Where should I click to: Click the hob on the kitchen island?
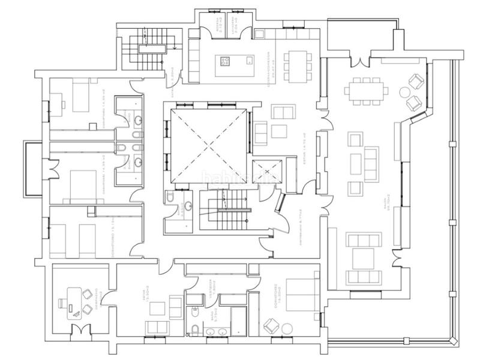pos(227,61)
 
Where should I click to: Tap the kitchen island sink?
pos(248,61)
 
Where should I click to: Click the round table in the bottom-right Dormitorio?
pos(286,326)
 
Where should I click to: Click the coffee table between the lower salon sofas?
pos(363,257)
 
